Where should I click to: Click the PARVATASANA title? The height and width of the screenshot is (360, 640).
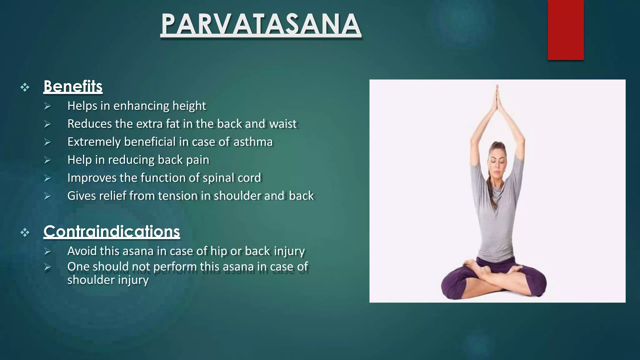(261, 24)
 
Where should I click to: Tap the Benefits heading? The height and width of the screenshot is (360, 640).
(73, 87)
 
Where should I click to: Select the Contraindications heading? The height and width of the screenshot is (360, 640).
(112, 232)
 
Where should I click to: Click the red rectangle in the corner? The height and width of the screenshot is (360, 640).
(565, 30)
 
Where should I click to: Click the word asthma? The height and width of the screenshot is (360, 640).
(253, 142)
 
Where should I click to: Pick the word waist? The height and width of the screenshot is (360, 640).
(283, 124)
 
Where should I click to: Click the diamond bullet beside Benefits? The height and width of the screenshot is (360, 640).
(25, 87)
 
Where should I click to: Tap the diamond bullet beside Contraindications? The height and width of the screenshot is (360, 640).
(25, 232)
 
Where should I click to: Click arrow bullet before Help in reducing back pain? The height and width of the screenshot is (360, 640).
(47, 160)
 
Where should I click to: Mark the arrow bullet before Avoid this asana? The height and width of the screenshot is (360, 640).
(47, 251)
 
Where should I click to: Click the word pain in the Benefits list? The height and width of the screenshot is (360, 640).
(197, 160)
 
